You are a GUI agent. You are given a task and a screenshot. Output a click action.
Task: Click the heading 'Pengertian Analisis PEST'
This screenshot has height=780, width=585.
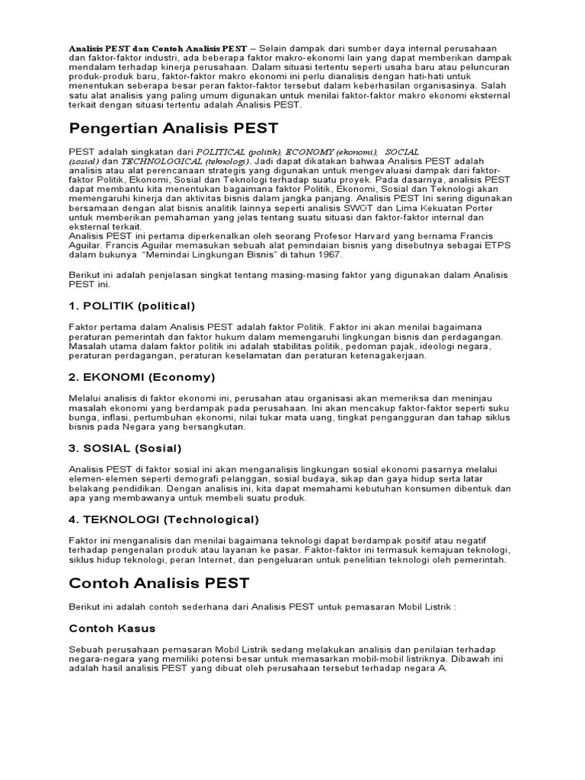click(174, 128)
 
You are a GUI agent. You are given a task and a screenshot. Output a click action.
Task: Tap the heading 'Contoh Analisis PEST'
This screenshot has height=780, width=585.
click(159, 583)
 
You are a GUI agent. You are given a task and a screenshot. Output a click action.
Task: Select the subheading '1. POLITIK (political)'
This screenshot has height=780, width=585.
click(132, 305)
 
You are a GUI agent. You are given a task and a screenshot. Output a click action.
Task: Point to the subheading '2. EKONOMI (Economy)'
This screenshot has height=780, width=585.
click(142, 377)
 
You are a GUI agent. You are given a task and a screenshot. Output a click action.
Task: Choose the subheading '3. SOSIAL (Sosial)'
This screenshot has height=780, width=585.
click(125, 448)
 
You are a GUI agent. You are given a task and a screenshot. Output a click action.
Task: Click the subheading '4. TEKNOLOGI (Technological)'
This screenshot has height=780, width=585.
click(164, 519)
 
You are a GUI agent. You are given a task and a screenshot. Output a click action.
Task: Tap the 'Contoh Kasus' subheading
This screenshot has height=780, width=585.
click(112, 628)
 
